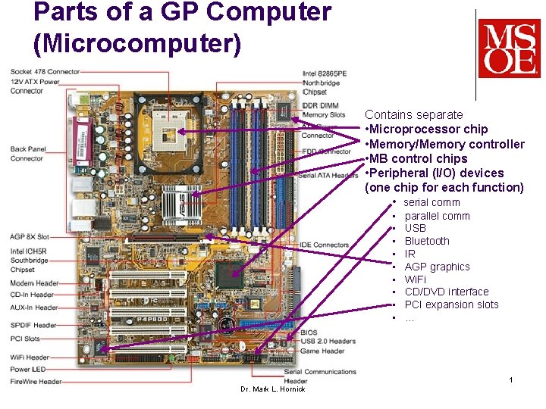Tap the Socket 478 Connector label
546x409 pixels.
[x=45, y=71]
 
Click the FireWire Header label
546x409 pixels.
[x=36, y=381]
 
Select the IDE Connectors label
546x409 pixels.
[x=325, y=245]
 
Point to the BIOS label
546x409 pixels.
[x=309, y=333]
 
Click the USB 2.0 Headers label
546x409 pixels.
[x=328, y=341]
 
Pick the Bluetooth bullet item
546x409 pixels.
[x=427, y=241]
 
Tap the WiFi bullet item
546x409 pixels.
[x=415, y=279]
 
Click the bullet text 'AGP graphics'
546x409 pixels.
[x=437, y=267]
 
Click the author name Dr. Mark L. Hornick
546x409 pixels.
[x=272, y=389]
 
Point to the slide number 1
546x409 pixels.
[x=512, y=379]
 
